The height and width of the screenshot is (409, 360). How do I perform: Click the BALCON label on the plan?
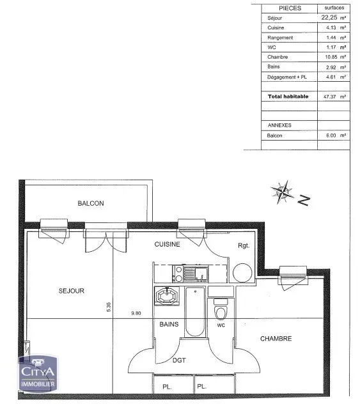pyautogui.click(x=91, y=203)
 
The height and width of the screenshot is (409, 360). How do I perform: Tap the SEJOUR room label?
pyautogui.click(x=72, y=291)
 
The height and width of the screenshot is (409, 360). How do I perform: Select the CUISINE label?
pyautogui.click(x=168, y=244)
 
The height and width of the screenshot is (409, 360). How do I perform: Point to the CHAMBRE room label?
pyautogui.click(x=276, y=339)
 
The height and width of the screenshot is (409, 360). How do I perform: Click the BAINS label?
pyautogui.click(x=169, y=325)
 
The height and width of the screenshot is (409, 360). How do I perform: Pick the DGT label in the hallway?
pyautogui.click(x=179, y=360)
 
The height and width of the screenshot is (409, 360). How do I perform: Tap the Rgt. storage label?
pyautogui.click(x=244, y=245)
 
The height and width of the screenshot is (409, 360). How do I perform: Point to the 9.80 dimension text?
pyautogui.click(x=136, y=313)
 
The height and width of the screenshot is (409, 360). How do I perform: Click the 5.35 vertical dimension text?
pyautogui.click(x=109, y=307)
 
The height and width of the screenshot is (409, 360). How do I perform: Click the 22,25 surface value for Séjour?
pyautogui.click(x=330, y=18)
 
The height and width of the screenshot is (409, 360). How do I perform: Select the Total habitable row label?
pyautogui.click(x=288, y=96)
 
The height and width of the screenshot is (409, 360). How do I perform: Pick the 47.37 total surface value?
pyautogui.click(x=330, y=96)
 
